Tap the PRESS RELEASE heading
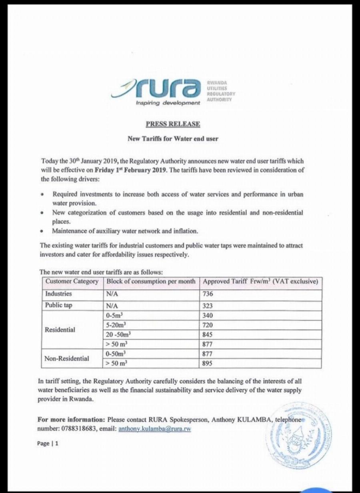click(173, 124)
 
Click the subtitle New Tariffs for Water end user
click(173, 139)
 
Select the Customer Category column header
click(72, 281)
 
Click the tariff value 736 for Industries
click(208, 294)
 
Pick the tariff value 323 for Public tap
click(208, 306)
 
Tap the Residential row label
click(60, 330)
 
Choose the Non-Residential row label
click(67, 359)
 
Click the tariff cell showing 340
click(208, 315)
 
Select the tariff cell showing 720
click(208, 325)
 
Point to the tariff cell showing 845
click(208, 335)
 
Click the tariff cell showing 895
click(208, 363)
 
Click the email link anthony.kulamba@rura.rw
click(154, 428)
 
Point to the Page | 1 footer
click(48, 443)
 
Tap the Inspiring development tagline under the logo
click(168, 103)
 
